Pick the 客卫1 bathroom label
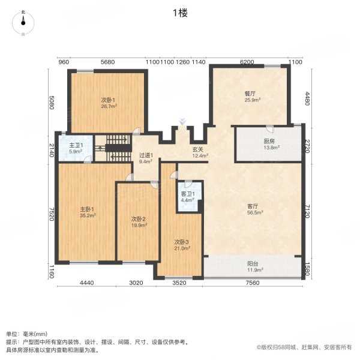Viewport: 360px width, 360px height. click(189, 197)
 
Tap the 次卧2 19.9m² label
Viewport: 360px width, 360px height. click(139, 222)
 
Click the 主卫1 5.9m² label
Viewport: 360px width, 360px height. click(76, 148)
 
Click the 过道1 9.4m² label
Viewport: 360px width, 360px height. click(146, 158)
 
